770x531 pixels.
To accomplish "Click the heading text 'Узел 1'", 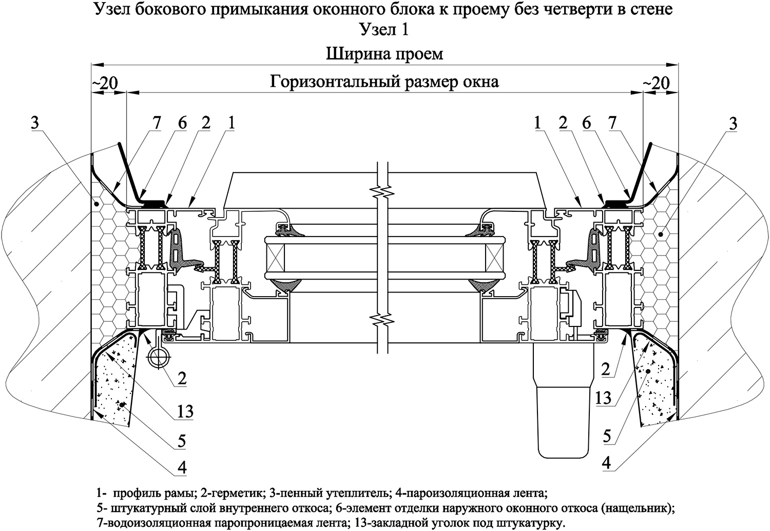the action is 384,29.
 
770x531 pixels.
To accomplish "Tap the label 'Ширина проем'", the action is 384,54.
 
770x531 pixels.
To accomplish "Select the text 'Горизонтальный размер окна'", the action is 384,82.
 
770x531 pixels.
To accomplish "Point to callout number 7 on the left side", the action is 157,123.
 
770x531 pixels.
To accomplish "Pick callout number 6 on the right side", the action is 586,123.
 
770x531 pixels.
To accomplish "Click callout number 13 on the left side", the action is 185,411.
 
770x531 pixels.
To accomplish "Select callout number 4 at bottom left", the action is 182,468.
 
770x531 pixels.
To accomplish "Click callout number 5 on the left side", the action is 182,441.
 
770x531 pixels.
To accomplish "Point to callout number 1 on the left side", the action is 232,123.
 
